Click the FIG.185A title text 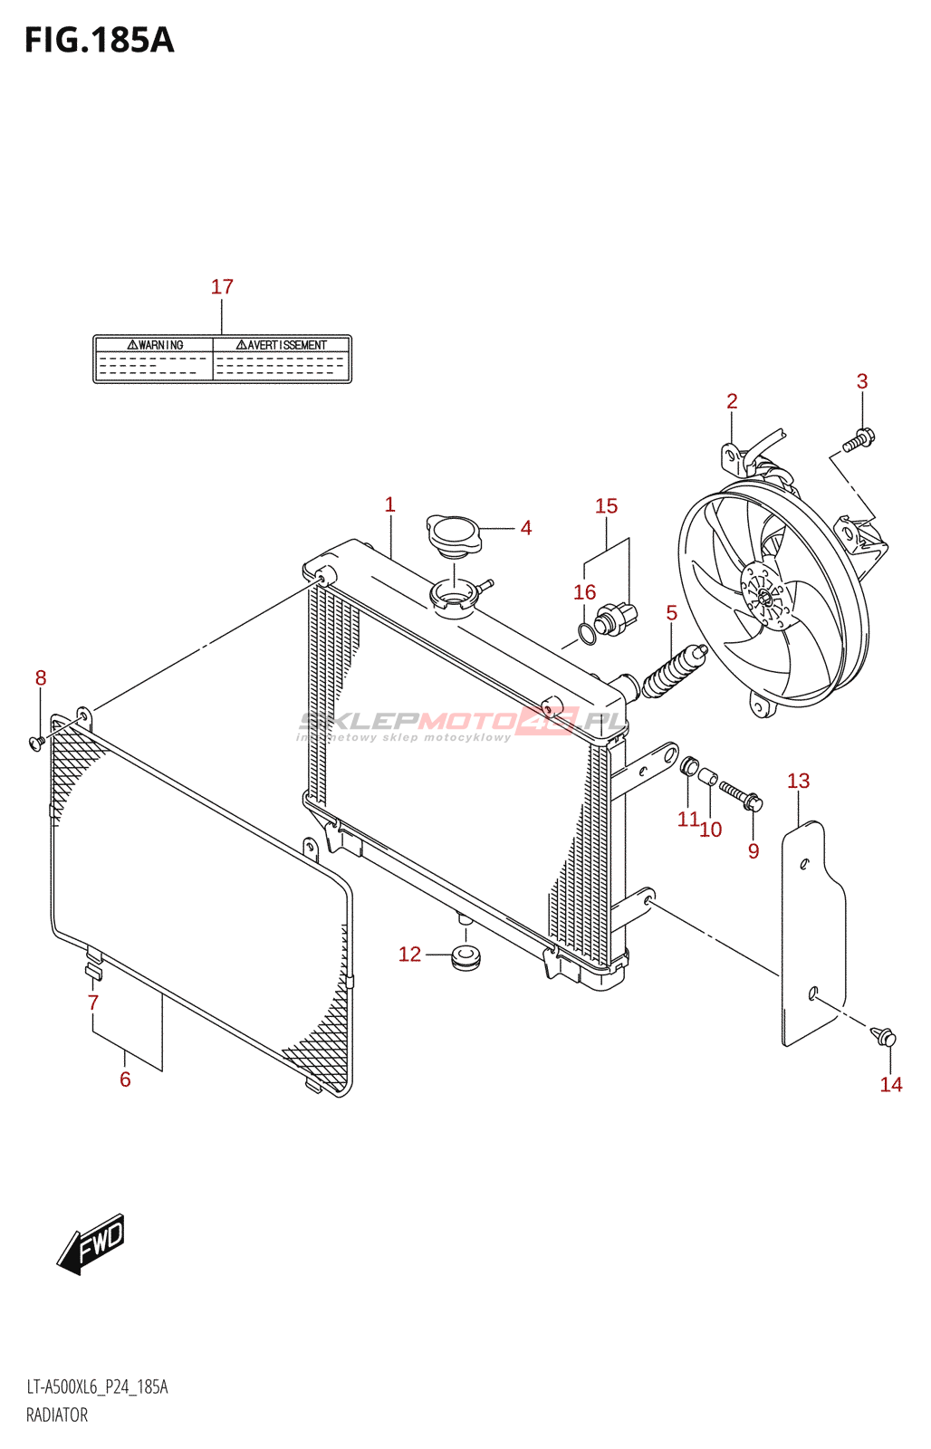point(99,41)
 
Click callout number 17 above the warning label point(222,287)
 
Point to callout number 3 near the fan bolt point(862,382)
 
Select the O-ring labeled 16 point(587,633)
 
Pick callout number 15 point(606,506)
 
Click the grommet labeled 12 point(466,956)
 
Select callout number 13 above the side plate point(798,781)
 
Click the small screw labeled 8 point(37,743)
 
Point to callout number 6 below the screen point(125,1080)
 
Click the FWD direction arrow point(91,1243)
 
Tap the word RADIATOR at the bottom point(57,1415)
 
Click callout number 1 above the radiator point(390,504)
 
